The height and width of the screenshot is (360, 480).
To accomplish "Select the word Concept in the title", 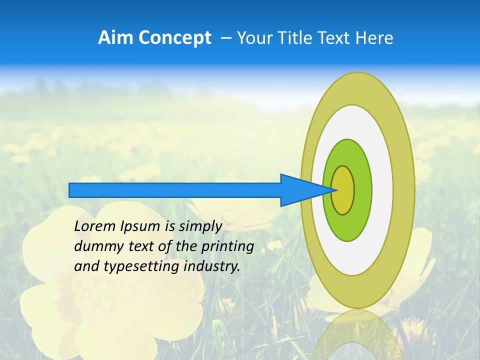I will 174,38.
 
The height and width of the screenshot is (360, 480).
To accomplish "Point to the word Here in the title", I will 374,38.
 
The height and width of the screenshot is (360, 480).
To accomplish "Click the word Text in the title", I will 335,38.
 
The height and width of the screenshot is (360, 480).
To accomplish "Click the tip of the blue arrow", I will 336,190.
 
